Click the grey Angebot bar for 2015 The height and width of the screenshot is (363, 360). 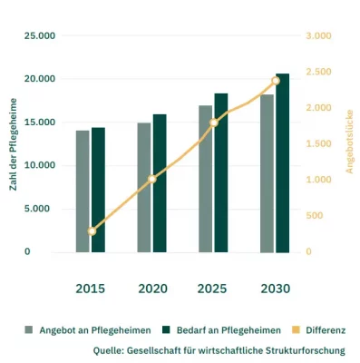[83, 191]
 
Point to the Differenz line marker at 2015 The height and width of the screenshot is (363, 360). [91, 231]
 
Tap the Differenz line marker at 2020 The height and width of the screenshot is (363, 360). [152, 179]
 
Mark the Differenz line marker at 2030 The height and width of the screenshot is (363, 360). [276, 81]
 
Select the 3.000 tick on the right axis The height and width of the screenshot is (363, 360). [318, 35]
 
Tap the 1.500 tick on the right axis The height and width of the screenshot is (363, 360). [318, 143]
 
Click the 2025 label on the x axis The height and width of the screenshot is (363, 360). [214, 289]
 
